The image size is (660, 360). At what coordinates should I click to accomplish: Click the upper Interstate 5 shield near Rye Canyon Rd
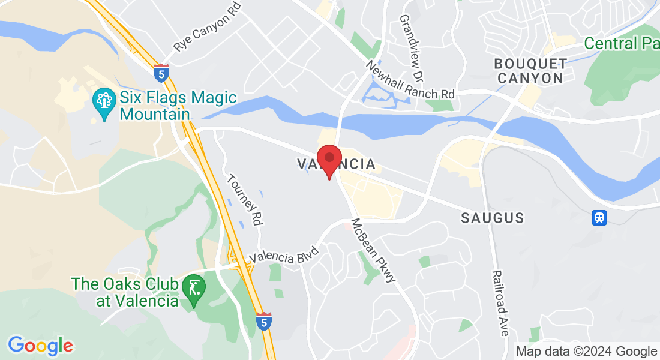coord(161,74)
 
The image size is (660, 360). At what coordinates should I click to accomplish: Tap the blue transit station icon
coord(599,217)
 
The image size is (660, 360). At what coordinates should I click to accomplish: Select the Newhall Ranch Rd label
coord(410,80)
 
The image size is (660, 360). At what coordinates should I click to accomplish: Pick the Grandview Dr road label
coord(412,49)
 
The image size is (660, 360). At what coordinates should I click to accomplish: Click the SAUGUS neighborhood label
coord(493,218)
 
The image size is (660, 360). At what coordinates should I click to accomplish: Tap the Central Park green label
coord(621,44)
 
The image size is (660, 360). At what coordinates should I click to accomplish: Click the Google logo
coord(40,346)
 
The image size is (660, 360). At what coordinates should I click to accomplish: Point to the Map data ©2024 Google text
coord(587,351)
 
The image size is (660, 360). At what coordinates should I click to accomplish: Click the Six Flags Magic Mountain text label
coord(179,106)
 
